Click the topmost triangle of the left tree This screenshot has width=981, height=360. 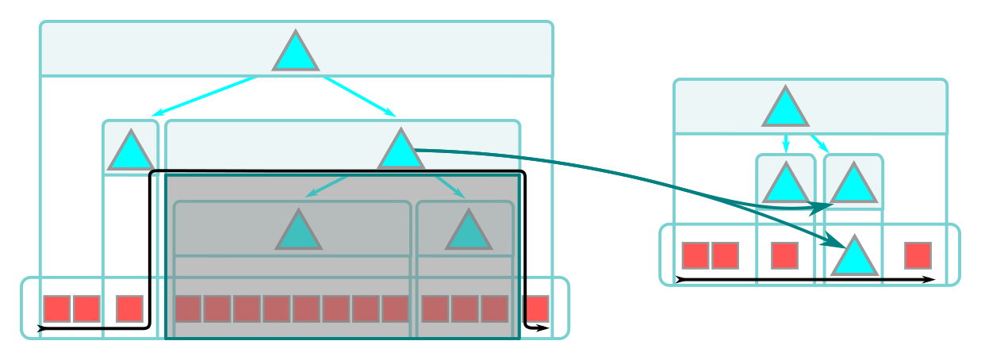pos(296,53)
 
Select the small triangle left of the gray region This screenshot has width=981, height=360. pos(131,152)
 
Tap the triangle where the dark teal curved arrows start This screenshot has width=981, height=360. pos(400,151)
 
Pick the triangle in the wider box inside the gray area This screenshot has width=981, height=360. pos(299,232)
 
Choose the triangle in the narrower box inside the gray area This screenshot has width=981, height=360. pos(469,232)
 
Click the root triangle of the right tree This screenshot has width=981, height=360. pos(785,109)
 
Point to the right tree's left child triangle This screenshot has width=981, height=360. pos(785,185)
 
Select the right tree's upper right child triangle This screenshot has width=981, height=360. pos(853,185)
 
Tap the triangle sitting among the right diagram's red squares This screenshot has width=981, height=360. pos(855,257)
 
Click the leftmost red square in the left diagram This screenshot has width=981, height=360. pos(57,308)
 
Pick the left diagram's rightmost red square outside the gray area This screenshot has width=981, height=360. pos(536,308)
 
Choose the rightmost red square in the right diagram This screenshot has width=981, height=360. pos(918,255)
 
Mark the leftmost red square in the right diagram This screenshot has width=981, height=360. pos(696,255)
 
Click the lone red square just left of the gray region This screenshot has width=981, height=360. pos(129,308)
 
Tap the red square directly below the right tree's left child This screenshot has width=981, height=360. pos(784,255)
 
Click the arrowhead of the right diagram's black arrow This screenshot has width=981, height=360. pos(929,279)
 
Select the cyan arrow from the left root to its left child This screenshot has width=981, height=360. pos(205,96)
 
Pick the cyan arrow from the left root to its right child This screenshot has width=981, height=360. pos(359,96)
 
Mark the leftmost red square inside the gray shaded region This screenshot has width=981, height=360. pos(188,308)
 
